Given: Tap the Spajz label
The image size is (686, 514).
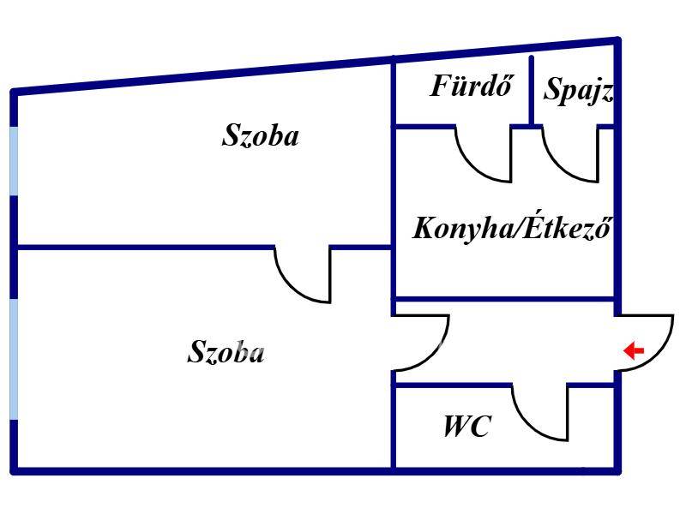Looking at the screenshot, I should [578, 90].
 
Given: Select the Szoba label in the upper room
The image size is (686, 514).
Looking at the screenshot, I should [261, 135].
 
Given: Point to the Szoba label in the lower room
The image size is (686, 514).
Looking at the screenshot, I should [226, 352].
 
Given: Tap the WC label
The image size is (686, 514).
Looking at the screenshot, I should [466, 426].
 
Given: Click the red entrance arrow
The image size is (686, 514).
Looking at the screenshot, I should [634, 350].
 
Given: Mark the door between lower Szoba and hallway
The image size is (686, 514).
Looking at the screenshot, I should [420, 343].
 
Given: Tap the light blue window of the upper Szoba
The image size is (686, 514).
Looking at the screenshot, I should [13, 160].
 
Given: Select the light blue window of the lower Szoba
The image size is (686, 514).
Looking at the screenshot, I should [13, 359].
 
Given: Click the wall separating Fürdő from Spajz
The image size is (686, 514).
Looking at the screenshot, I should [532, 90].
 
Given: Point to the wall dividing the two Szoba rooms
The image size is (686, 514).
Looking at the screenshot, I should [146, 248].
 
